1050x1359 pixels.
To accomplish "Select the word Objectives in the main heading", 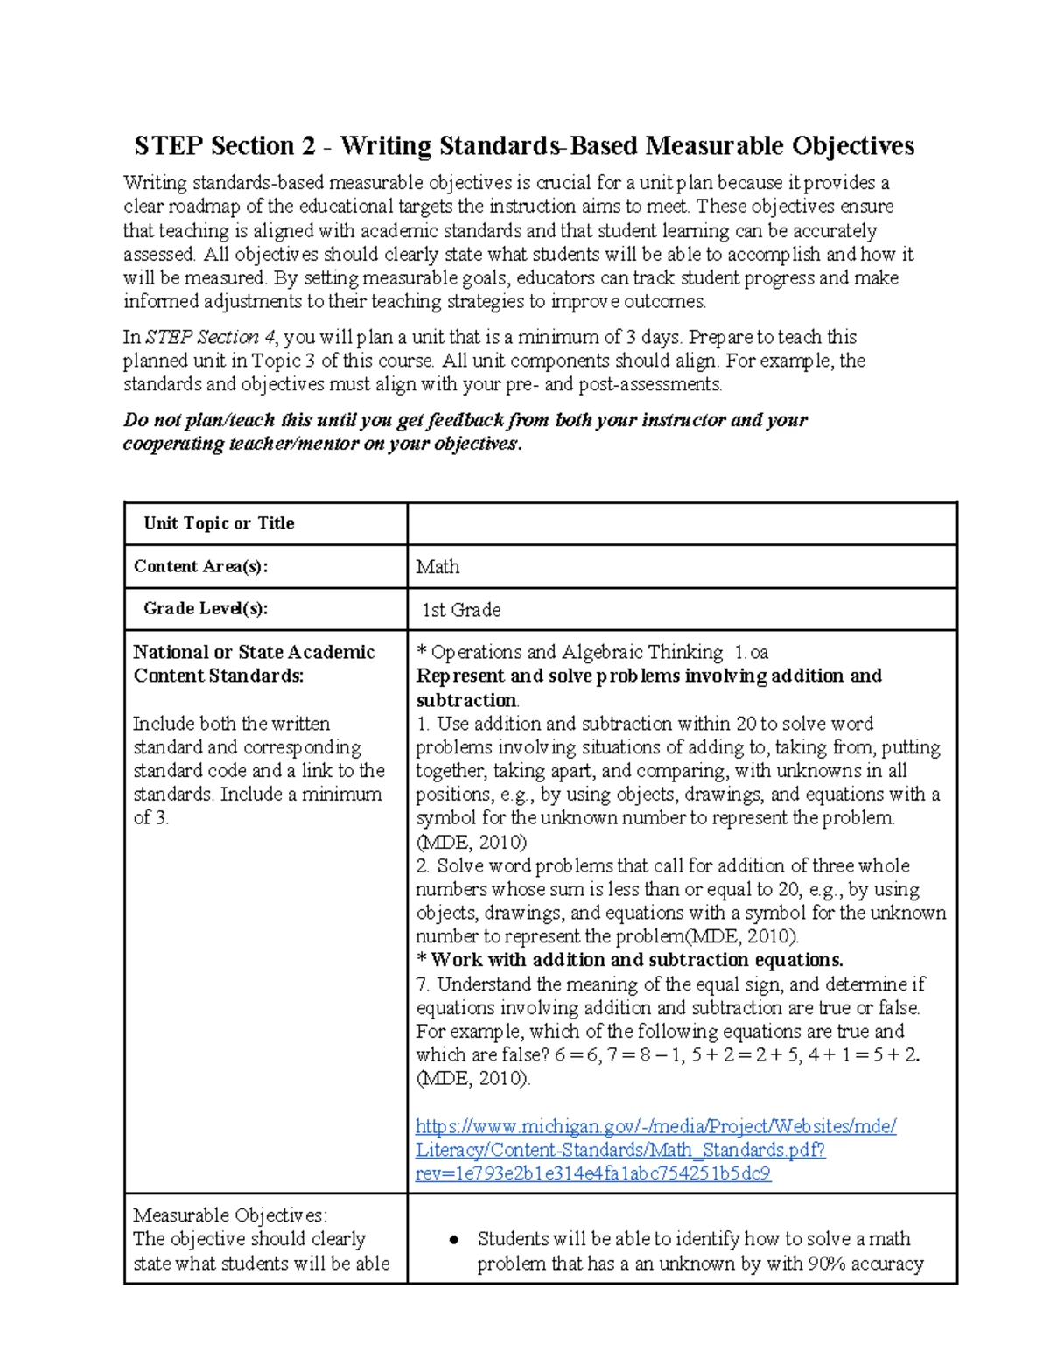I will tap(852, 145).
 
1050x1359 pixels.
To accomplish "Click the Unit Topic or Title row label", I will tap(219, 523).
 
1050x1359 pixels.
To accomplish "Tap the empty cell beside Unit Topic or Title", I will tap(682, 523).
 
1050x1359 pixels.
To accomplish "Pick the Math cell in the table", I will tap(437, 567).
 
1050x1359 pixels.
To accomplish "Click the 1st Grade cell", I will tap(461, 610).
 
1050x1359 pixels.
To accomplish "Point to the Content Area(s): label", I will tap(200, 566).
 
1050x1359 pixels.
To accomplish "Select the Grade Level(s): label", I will tap(206, 609).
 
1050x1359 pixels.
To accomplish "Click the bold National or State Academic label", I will tap(253, 652).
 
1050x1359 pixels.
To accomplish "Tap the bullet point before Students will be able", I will tap(453, 1240).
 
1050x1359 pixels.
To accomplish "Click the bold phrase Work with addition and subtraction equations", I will tap(636, 960).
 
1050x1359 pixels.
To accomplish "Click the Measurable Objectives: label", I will tap(230, 1215).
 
